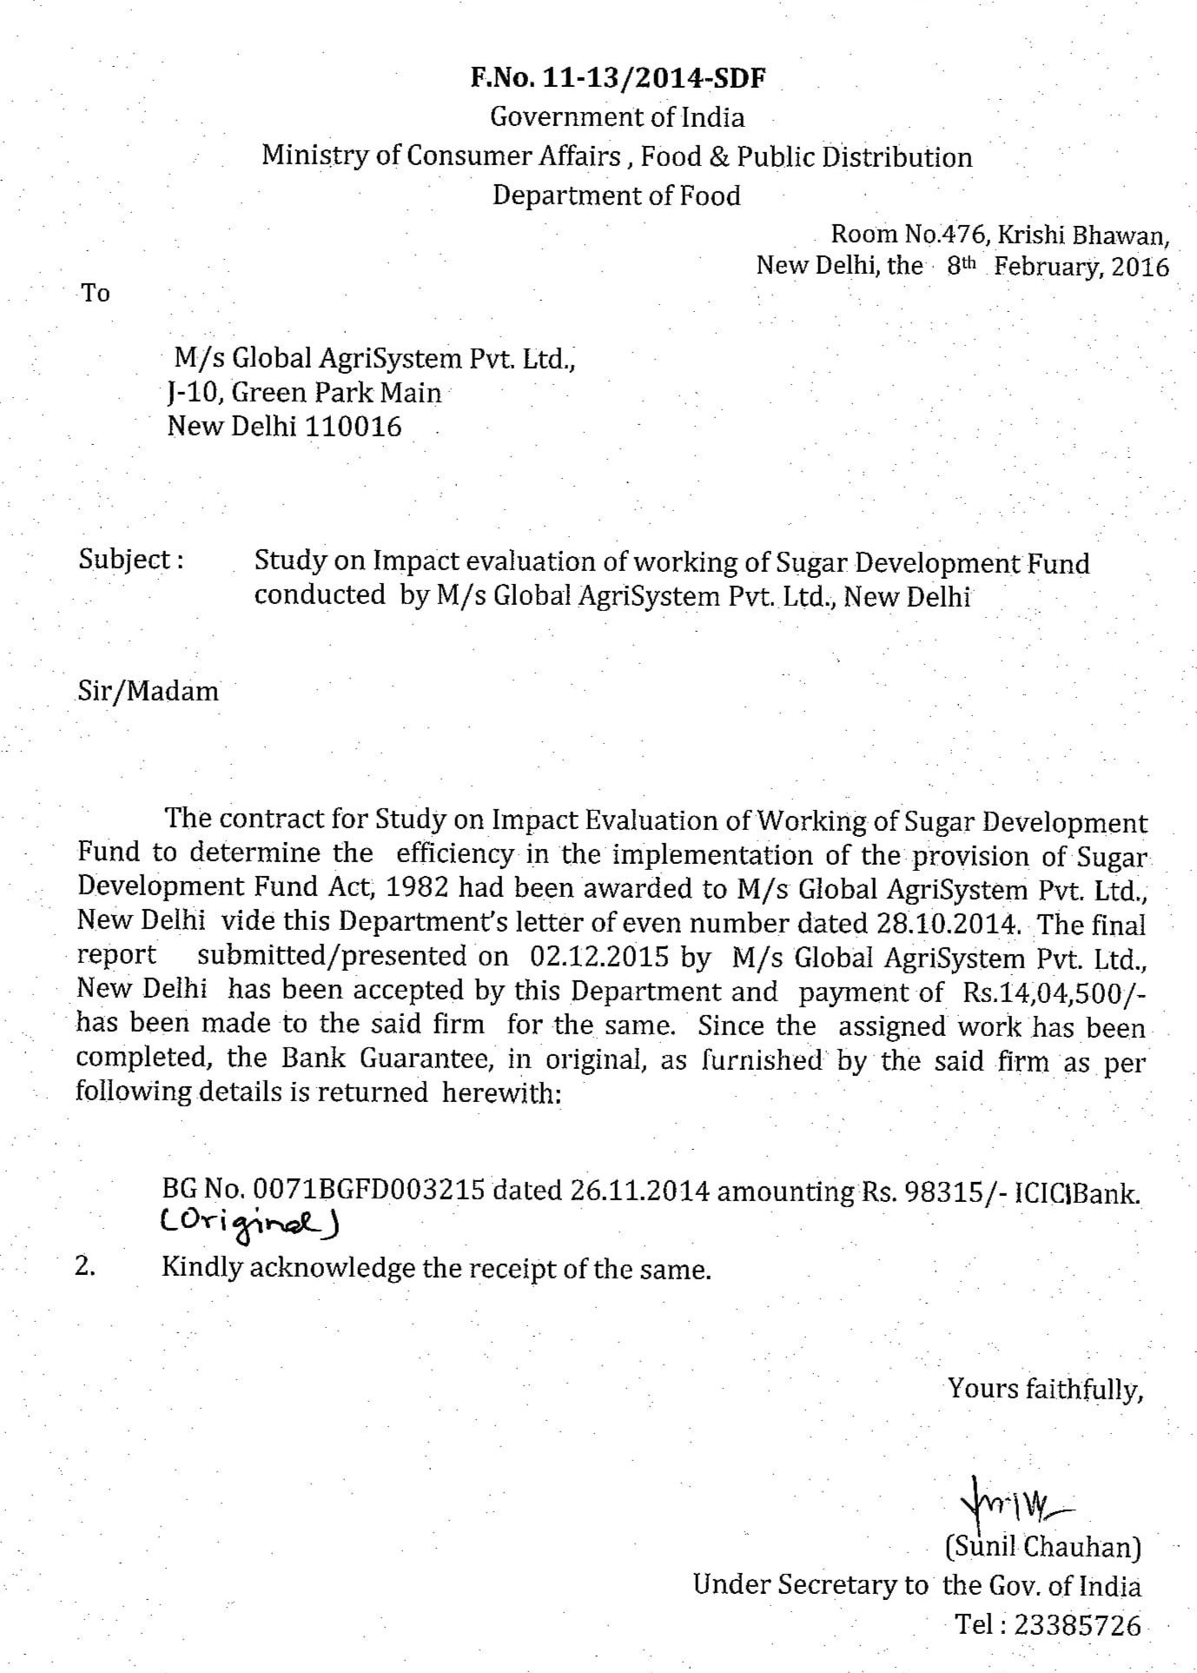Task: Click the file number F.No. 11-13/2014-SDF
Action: [x=618, y=79]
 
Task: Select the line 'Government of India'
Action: [x=618, y=116]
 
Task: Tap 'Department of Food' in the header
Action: [x=617, y=195]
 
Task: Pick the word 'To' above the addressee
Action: [x=96, y=293]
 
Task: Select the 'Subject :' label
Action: [x=130, y=559]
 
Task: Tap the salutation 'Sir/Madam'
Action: [x=148, y=692]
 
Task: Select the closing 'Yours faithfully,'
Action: [x=1042, y=1389]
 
